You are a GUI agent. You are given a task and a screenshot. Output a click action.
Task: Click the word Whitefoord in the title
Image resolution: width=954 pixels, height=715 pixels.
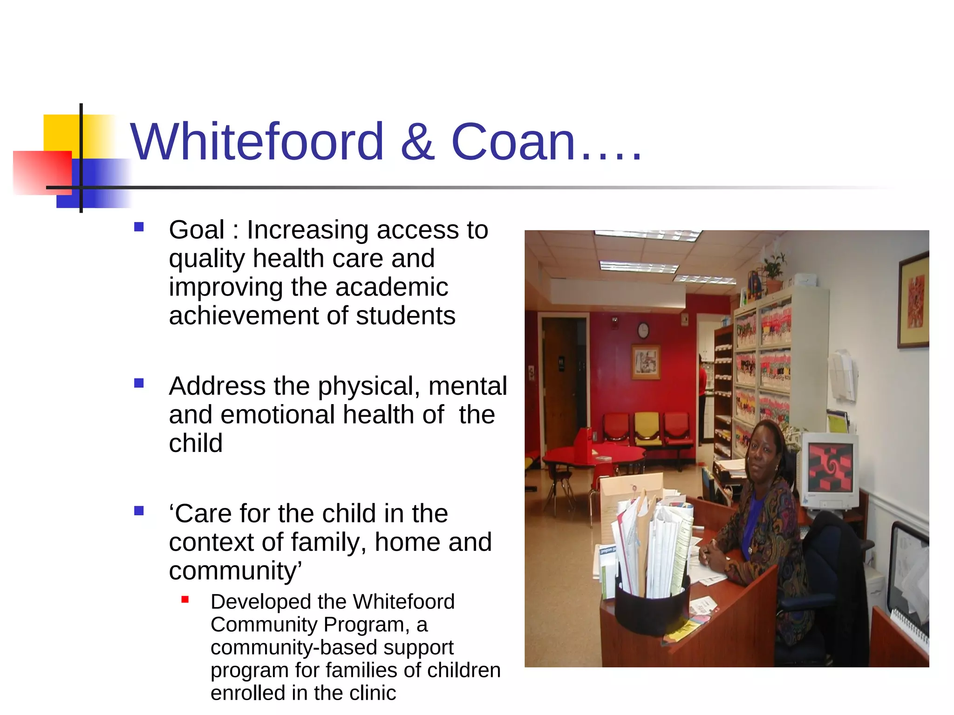click(257, 142)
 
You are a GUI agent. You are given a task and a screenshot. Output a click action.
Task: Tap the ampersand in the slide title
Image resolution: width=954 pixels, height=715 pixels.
click(417, 142)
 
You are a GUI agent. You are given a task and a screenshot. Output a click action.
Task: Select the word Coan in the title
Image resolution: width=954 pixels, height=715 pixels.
click(513, 142)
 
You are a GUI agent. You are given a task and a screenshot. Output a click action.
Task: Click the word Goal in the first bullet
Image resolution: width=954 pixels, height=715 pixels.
click(197, 230)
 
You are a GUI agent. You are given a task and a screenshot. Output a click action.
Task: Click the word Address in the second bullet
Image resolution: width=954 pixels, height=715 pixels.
click(217, 386)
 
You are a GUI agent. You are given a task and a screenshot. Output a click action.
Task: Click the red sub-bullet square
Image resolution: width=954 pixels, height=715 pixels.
click(185, 600)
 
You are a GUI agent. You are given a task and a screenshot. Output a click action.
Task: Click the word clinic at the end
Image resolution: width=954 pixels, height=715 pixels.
click(369, 693)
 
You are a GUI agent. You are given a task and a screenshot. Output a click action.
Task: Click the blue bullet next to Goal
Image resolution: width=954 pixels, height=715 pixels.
click(139, 227)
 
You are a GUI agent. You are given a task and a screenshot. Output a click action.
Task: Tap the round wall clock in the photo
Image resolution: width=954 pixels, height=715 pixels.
click(643, 331)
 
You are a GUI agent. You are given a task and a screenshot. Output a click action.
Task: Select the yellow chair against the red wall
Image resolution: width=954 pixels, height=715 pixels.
click(647, 427)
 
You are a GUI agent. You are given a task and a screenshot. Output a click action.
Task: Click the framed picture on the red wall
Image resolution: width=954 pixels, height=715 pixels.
click(646, 362)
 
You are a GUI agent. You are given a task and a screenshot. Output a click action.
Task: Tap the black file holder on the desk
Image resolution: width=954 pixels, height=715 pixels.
click(652, 607)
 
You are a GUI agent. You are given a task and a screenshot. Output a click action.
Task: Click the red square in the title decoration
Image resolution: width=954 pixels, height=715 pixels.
click(42, 172)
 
